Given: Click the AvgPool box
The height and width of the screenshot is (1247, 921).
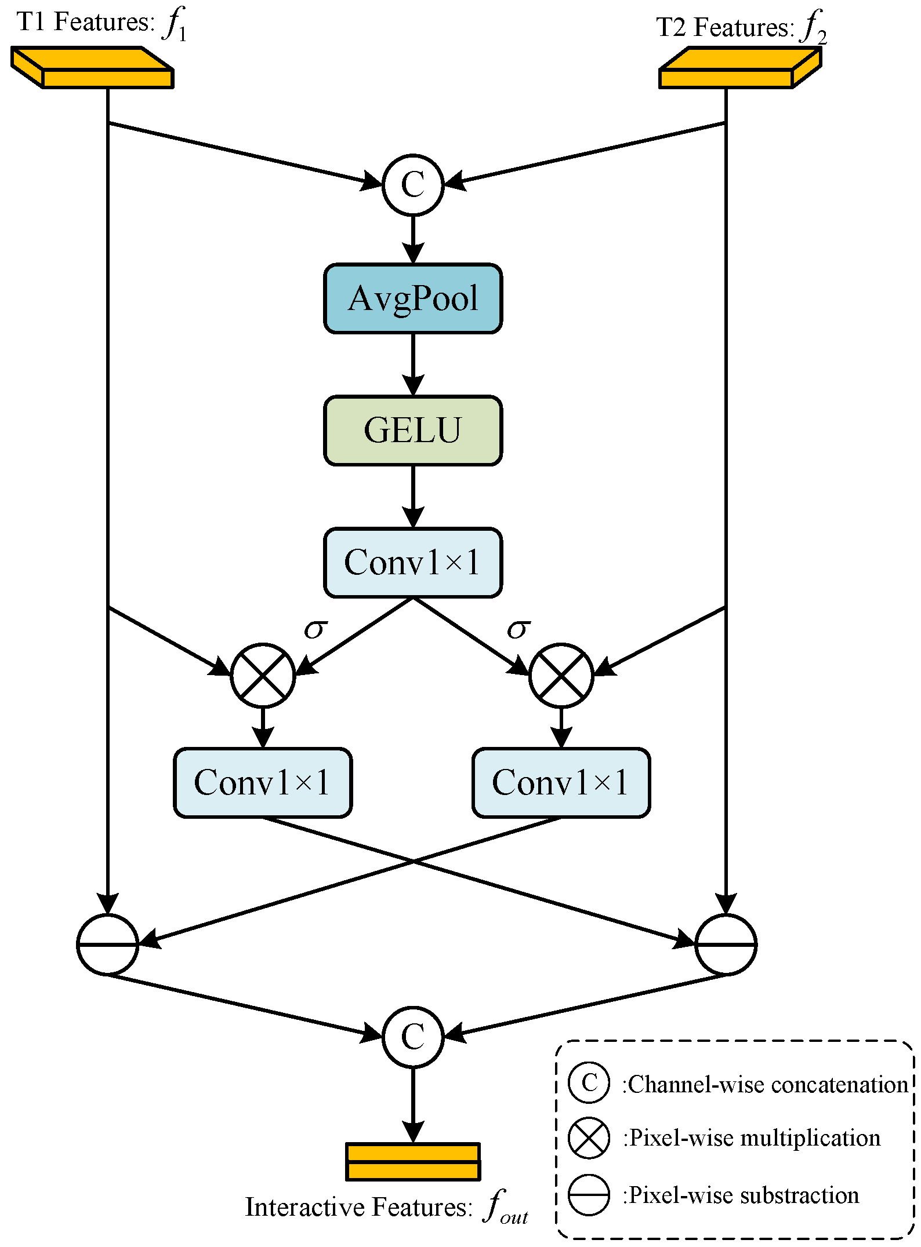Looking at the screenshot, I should click(x=413, y=298).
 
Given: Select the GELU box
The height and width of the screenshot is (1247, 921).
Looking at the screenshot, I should click(x=413, y=431).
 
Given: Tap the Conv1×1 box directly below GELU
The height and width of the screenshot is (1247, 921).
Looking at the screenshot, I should click(x=413, y=563).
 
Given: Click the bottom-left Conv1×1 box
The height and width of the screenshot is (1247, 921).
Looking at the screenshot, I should click(x=263, y=783).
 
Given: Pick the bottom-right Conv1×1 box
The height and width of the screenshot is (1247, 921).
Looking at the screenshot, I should click(x=561, y=783).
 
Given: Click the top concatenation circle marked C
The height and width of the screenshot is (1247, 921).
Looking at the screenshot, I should click(x=413, y=185).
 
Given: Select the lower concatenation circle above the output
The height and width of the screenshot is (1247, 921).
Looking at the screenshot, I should click(x=413, y=1037).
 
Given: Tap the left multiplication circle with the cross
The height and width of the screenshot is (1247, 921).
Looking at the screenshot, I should click(x=263, y=675).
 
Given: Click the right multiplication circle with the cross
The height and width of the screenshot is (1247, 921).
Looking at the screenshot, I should click(x=561, y=675).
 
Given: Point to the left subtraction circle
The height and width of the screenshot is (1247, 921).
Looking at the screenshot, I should click(x=108, y=944).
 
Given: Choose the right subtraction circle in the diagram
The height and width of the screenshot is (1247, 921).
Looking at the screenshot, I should click(x=726, y=944).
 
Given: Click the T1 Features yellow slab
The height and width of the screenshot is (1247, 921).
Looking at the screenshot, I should click(x=93, y=68).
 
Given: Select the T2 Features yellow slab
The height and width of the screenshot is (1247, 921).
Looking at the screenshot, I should click(x=740, y=68).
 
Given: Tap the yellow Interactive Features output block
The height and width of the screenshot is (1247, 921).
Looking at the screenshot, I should click(x=413, y=1162).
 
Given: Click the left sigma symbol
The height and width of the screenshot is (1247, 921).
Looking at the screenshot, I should click(x=316, y=629).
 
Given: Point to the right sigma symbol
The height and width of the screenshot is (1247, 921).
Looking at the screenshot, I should click(x=518, y=629).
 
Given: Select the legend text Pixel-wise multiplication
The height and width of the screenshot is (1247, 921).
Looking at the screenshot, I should click(x=752, y=1138).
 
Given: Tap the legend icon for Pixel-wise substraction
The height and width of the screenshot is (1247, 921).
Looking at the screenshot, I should click(x=589, y=1195).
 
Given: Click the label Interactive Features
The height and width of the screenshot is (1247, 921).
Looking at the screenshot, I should click(x=358, y=1208).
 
